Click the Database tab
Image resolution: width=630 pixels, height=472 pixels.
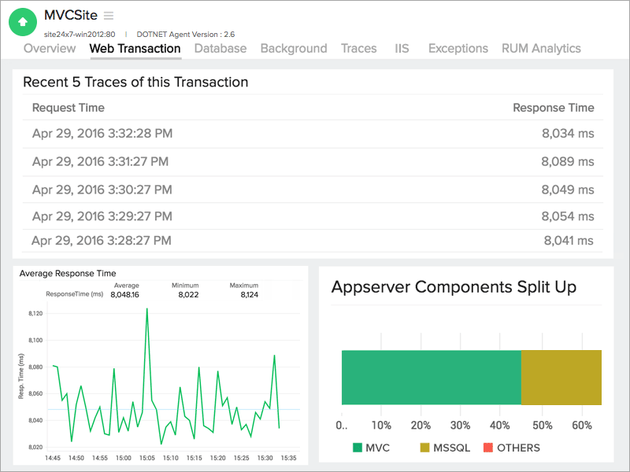point(220,49)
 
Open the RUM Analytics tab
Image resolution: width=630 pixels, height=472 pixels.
point(541,49)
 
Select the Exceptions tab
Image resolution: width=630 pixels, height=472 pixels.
point(458,49)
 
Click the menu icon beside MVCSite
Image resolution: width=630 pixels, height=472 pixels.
point(109,16)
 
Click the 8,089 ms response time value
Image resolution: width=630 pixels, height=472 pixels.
point(567,162)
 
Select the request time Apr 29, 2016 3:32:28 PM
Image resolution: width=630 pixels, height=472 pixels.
point(102,134)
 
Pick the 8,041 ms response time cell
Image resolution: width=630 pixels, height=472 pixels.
point(569,241)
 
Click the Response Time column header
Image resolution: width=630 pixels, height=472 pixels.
point(553,108)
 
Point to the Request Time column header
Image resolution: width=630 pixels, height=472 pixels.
point(69,108)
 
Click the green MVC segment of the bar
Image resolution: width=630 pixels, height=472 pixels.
point(431,378)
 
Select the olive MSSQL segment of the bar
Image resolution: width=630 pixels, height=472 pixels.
point(561,378)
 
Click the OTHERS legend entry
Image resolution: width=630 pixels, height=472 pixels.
point(511,448)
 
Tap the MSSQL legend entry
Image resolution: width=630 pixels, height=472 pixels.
point(444,448)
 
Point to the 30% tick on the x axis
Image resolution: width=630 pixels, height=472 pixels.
point(461,426)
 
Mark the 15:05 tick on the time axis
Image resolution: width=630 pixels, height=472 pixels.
point(147,458)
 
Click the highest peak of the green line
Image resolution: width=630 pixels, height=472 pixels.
point(146,309)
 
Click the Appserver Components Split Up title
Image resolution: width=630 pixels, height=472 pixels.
point(454,287)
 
